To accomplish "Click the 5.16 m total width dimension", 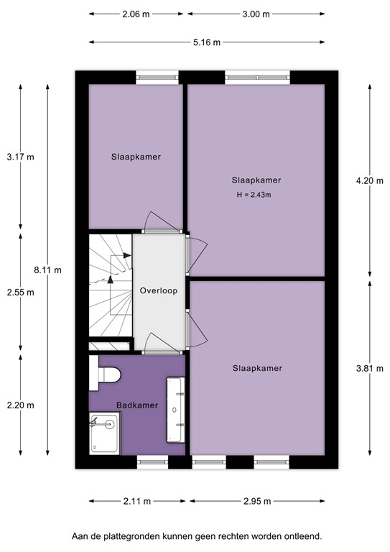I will tap(207, 41).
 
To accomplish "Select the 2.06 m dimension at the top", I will tap(135, 14).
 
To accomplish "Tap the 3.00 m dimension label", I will tap(256, 14).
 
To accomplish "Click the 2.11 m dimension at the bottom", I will tap(136, 502).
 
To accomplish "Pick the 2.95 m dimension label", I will tap(256, 502).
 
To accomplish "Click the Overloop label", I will tap(159, 291).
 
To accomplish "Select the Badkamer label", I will tap(137, 405).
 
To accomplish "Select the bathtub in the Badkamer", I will tap(176, 410).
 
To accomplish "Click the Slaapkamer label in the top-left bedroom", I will tap(135, 157).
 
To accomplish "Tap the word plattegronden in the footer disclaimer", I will tap(144, 536).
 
